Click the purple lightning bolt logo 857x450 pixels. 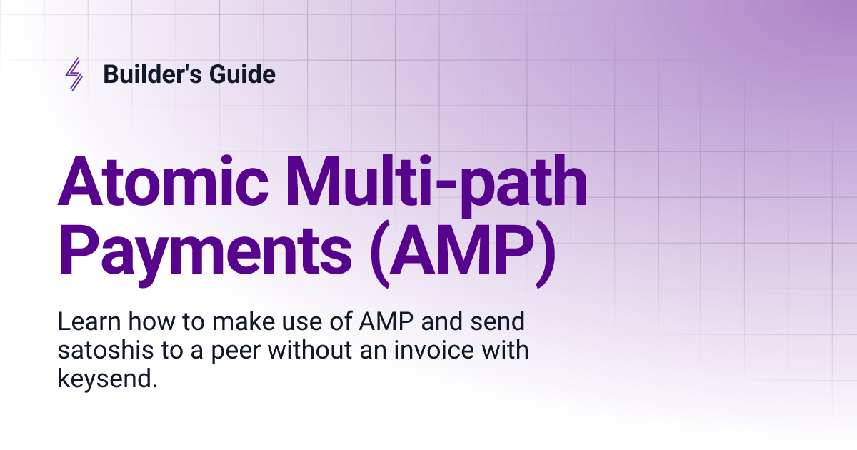coord(74,74)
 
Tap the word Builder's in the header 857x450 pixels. coord(152,74)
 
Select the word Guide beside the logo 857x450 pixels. coord(242,74)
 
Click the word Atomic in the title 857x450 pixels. coord(163,180)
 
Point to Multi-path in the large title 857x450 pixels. coord(436,186)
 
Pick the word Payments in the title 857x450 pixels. coord(204,251)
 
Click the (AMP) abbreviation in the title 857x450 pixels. coord(463,254)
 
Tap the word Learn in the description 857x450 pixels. coord(89,321)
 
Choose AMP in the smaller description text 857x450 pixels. coord(386,321)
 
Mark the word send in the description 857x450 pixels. coord(497,321)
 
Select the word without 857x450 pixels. coord(309,350)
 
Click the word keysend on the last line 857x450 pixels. coord(104,379)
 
